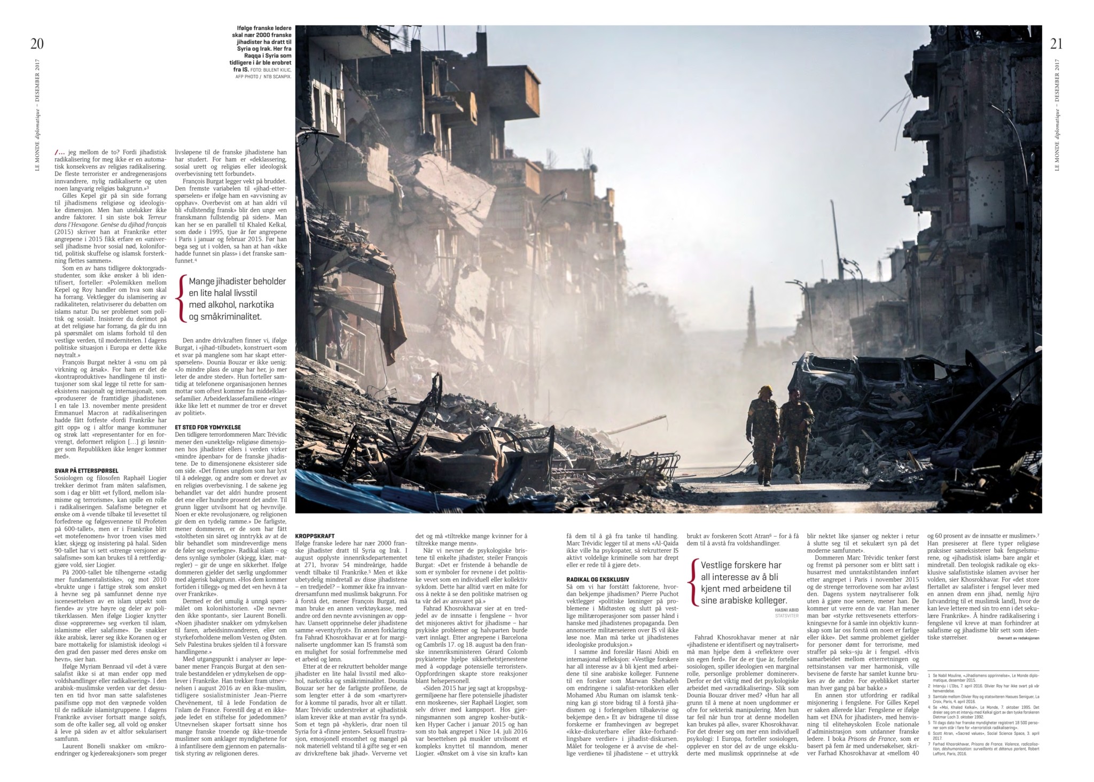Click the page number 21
(x=1056, y=44)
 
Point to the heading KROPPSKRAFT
(x=315, y=536)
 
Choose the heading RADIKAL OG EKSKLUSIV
(x=597, y=579)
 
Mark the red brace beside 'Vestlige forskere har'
(x=694, y=583)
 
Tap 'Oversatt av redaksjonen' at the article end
(x=1018, y=638)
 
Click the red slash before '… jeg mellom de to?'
(x=57, y=152)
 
